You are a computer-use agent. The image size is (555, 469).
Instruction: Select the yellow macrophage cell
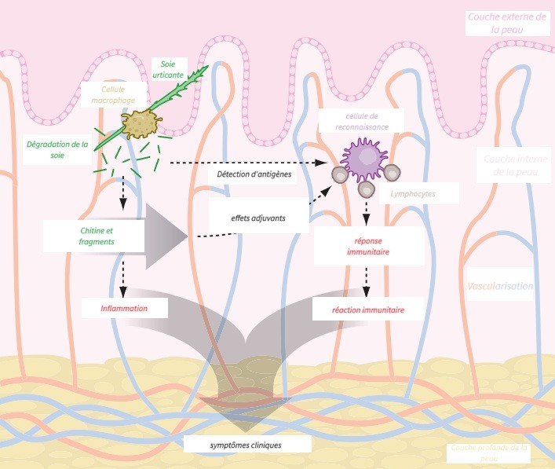pos(141,124)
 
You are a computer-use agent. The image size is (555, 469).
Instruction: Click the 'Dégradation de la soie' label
pos(57,150)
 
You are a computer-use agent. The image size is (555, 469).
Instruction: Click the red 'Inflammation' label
pos(124,309)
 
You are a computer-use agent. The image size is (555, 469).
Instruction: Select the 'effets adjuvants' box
pos(257,217)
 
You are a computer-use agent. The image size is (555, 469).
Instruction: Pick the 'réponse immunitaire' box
pos(370,246)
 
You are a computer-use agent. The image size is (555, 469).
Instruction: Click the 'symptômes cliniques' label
pos(246,445)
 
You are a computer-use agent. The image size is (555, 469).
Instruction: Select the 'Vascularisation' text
pos(500,287)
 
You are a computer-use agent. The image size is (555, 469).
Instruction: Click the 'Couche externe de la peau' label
pos(506,23)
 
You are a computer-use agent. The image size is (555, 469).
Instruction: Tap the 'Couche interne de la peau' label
pos(510,166)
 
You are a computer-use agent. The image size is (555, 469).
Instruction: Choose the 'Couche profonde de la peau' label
pos(488,453)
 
